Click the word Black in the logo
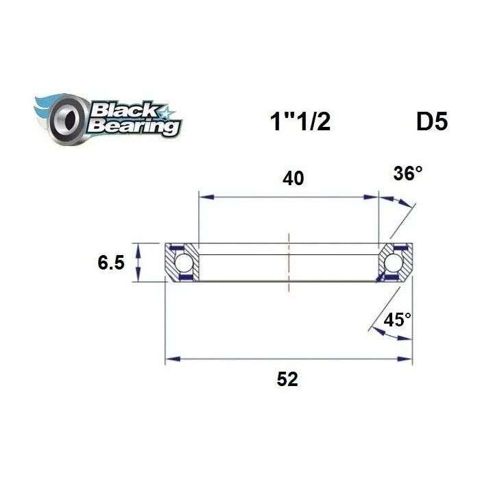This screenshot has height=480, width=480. (x=124, y=110)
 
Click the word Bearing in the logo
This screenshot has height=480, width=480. (x=134, y=125)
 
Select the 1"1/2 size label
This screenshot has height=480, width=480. (x=300, y=121)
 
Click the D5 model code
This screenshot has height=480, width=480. (x=432, y=121)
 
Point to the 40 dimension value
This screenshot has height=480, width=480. (x=293, y=178)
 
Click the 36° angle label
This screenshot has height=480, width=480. (x=408, y=173)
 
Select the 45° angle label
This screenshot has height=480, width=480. (x=397, y=320)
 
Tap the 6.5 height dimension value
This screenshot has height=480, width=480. (x=111, y=263)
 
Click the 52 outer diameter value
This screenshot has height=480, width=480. (x=287, y=379)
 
